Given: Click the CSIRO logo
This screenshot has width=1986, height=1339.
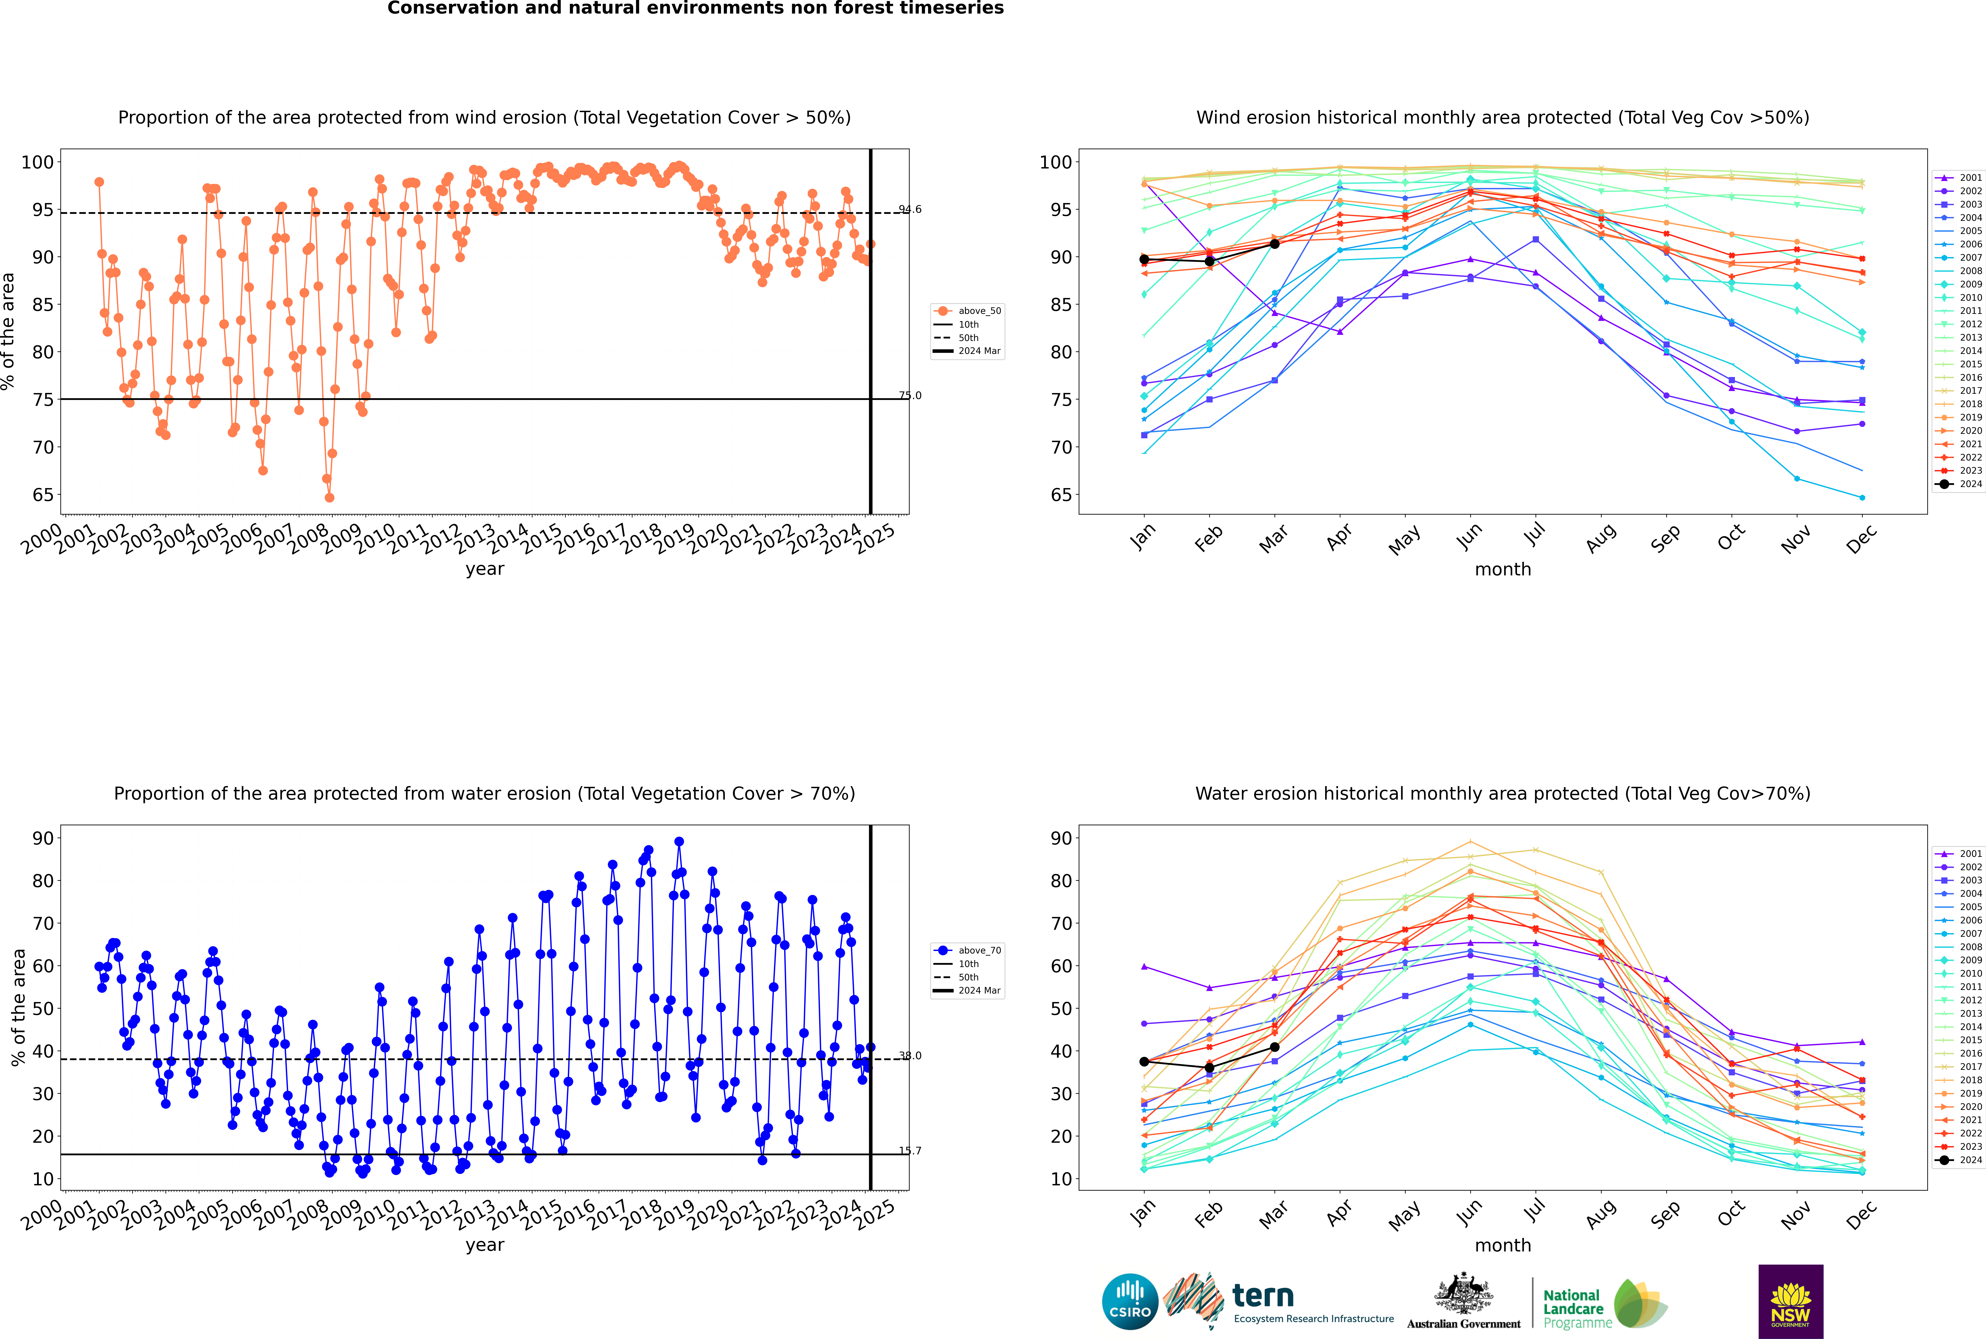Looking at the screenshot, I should [1130, 1301].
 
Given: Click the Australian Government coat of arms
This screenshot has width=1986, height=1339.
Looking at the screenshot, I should [1463, 1294].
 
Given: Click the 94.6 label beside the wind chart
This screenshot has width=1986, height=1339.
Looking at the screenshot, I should [909, 209].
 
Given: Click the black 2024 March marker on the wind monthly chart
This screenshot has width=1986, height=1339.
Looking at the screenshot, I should [1275, 244].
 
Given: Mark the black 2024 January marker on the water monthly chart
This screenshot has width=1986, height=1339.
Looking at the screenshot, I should [1144, 1061].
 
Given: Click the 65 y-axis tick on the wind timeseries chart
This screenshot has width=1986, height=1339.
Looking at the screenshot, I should [43, 495].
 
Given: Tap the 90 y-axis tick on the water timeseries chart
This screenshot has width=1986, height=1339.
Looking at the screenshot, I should [43, 839].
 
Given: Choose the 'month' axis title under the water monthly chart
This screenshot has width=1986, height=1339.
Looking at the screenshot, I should [1503, 1245].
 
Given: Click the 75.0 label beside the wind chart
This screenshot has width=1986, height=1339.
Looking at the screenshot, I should [909, 395].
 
